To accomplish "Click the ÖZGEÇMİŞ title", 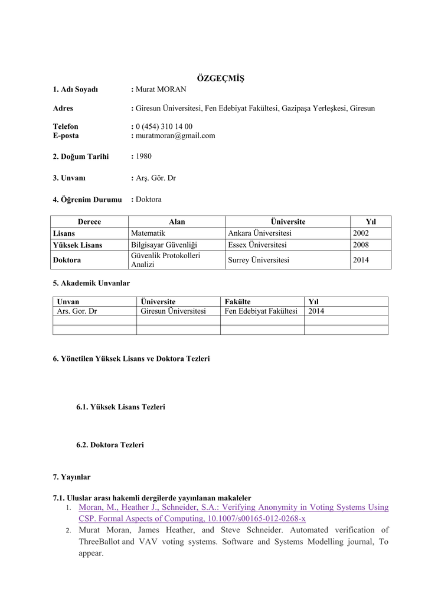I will click(x=220, y=79).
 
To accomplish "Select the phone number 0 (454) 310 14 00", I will click(x=164, y=126).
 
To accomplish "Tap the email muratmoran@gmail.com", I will click(x=175, y=135).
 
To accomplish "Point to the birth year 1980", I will click(x=143, y=157).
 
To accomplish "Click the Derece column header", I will click(x=89, y=222).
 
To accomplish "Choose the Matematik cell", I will click(x=148, y=233).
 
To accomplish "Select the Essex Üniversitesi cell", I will click(x=257, y=245).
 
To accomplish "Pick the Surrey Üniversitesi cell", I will click(x=258, y=260).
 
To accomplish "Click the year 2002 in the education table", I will click(x=361, y=233).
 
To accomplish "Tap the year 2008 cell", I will click(x=361, y=245).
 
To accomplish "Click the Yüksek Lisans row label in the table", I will click(x=77, y=245).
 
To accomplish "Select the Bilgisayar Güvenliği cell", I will click(x=164, y=245).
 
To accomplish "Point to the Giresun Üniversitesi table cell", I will click(x=173, y=311).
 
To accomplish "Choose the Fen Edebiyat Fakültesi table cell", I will click(x=261, y=311).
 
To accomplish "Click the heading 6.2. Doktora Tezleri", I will click(x=110, y=445).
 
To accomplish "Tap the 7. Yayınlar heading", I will click(x=71, y=476).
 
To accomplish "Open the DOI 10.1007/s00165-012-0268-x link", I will click(x=256, y=519).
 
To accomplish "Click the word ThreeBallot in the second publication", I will click(x=99, y=542).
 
